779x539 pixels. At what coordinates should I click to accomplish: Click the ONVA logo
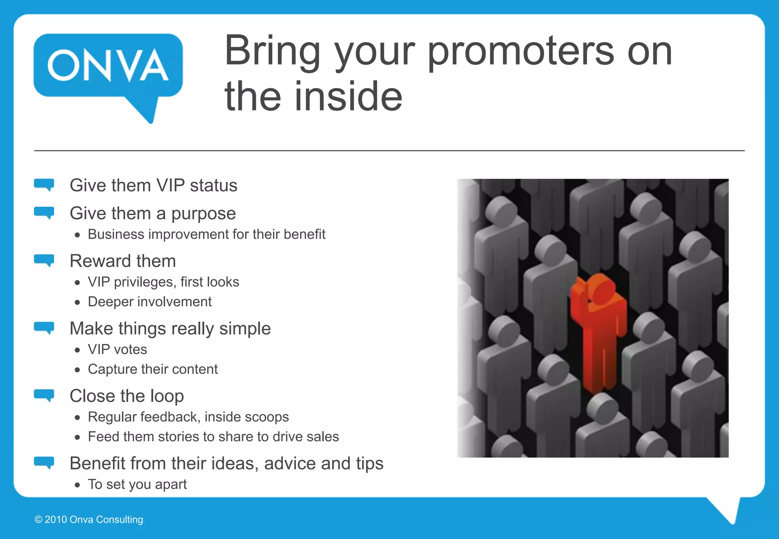coord(108,67)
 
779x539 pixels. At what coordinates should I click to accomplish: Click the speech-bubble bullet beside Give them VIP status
coord(44,185)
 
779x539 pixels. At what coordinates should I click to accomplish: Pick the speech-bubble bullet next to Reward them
coord(44,260)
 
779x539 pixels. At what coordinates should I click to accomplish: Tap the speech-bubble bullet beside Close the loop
coord(44,395)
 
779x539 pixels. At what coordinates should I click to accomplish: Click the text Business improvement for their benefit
coord(207,234)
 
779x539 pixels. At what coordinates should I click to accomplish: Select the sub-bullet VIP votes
coord(117,349)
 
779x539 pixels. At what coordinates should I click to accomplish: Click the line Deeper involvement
coord(149,301)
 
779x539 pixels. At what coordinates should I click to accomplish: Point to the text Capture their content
coord(153,369)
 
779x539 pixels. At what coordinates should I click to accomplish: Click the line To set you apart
coord(137,484)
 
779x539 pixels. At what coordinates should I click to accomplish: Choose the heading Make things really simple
coord(170,328)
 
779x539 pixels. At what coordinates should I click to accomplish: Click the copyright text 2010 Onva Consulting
coord(89,520)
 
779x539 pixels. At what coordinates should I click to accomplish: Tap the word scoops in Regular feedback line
coord(267,417)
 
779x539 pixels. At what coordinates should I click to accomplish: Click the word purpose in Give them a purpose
coord(203,214)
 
